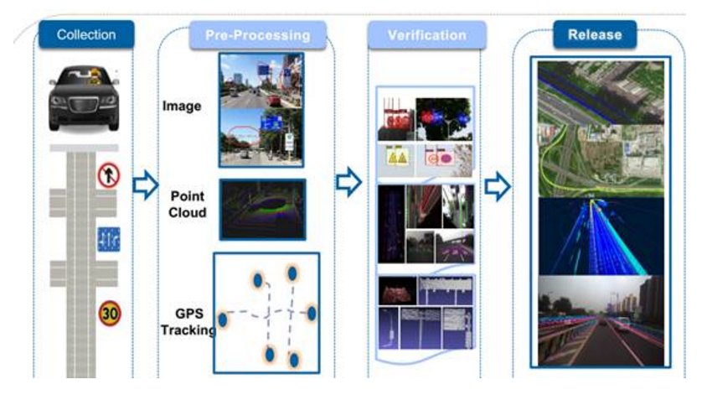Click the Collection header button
[x=85, y=34]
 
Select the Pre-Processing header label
[x=257, y=35]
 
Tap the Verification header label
[x=426, y=35]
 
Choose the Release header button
[x=595, y=34]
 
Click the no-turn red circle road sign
[x=109, y=176]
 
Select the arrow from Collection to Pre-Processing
[x=146, y=186]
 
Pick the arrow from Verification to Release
[x=498, y=187]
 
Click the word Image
[x=182, y=107]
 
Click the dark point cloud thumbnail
[x=262, y=209]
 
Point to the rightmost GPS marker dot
[x=312, y=313]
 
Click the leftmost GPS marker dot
[x=223, y=320]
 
